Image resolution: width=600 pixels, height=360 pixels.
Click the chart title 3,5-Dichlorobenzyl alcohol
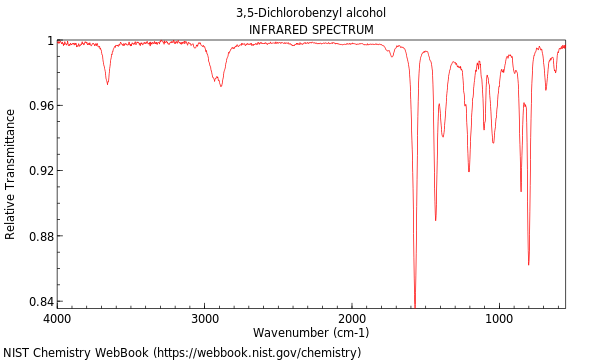tap(311, 13)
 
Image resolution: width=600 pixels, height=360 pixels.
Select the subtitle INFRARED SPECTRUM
tap(311, 30)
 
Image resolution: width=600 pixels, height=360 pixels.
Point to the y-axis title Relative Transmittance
tap(11, 174)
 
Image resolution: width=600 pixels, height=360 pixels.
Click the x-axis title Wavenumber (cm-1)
tap(311, 332)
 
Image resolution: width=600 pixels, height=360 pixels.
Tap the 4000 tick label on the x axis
tap(58, 318)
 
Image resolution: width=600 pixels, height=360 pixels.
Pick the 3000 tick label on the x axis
tap(205, 318)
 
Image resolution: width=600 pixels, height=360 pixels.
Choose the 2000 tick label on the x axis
tap(352, 318)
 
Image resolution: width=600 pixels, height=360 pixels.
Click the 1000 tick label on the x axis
tap(499, 318)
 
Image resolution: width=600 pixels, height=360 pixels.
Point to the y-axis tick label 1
tap(48, 41)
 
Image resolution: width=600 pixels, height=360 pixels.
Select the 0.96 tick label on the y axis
tap(41, 106)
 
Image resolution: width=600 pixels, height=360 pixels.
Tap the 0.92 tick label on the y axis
tap(41, 171)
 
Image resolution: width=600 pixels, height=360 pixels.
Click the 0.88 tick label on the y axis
tap(41, 237)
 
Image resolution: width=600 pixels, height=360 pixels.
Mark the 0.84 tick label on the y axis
tap(41, 302)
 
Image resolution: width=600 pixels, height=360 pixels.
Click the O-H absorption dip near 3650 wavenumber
tap(107, 84)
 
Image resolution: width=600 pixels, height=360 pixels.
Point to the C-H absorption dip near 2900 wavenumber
tap(221, 86)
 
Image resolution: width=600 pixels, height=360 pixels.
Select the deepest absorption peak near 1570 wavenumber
tap(415, 304)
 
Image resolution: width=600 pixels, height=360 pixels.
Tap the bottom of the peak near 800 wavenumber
tap(528, 264)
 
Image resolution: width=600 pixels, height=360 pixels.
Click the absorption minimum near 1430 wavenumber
tap(435, 219)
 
